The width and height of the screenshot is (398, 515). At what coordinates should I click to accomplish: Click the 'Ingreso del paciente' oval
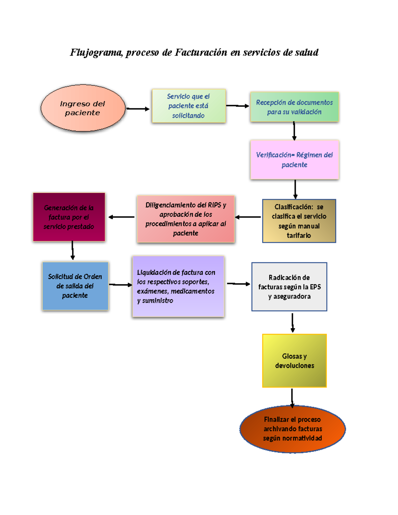83,108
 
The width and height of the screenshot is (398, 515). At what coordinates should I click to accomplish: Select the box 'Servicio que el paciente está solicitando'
189,106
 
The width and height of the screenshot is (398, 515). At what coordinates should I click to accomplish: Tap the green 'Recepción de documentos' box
295,107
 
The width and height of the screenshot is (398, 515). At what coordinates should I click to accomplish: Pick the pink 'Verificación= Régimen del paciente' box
295,160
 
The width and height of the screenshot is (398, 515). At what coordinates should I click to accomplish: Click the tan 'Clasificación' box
299,221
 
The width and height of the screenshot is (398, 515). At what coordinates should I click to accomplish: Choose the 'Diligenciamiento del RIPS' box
186,219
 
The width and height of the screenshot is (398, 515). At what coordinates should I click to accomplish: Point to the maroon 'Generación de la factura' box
69,217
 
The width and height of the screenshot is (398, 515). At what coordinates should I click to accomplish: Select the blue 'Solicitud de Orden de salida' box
75,286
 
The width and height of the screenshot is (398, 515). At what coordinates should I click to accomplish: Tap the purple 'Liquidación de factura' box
178,286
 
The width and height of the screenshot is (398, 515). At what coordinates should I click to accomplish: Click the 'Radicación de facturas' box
289,287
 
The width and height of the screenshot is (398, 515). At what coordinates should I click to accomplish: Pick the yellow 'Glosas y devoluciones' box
295,360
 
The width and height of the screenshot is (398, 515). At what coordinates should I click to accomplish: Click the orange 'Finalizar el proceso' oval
293,429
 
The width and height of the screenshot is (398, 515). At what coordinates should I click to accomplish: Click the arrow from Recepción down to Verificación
294,131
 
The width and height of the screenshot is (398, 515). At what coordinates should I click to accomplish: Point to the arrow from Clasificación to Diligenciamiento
248,217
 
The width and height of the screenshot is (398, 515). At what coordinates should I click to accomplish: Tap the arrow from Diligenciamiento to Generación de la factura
121,217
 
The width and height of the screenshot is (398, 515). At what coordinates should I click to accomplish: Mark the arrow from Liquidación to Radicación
238,284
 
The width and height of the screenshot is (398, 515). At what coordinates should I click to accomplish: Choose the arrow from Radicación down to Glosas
293,322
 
